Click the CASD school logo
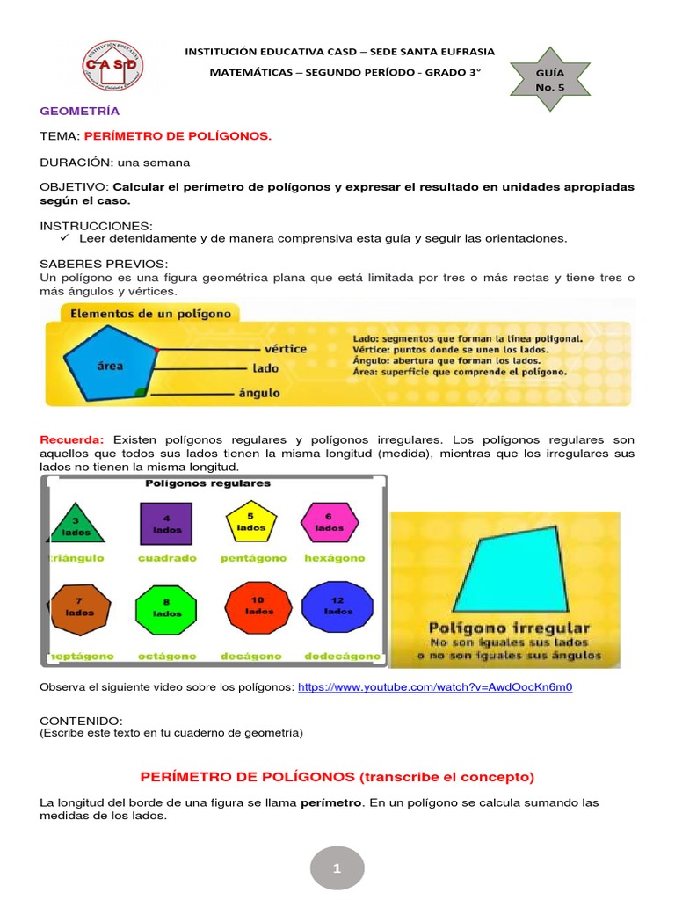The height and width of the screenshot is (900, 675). coord(113,67)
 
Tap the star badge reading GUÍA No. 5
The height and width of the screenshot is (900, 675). coord(550,80)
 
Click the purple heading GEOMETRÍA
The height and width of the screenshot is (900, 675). coord(80,112)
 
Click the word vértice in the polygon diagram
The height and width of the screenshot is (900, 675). coord(285,349)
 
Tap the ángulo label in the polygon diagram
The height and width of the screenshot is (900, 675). coord(259,393)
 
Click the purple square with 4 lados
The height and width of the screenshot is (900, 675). coord(166,524)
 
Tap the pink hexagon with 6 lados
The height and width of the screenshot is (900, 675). coord(329,521)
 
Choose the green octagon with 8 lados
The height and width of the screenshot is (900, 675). coord(167,607)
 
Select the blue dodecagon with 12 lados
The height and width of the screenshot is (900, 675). coord(337,606)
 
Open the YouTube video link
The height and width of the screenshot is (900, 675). coord(435,686)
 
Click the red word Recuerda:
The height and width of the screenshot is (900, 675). coord(72,439)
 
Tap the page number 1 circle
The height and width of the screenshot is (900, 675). coord(337,868)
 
